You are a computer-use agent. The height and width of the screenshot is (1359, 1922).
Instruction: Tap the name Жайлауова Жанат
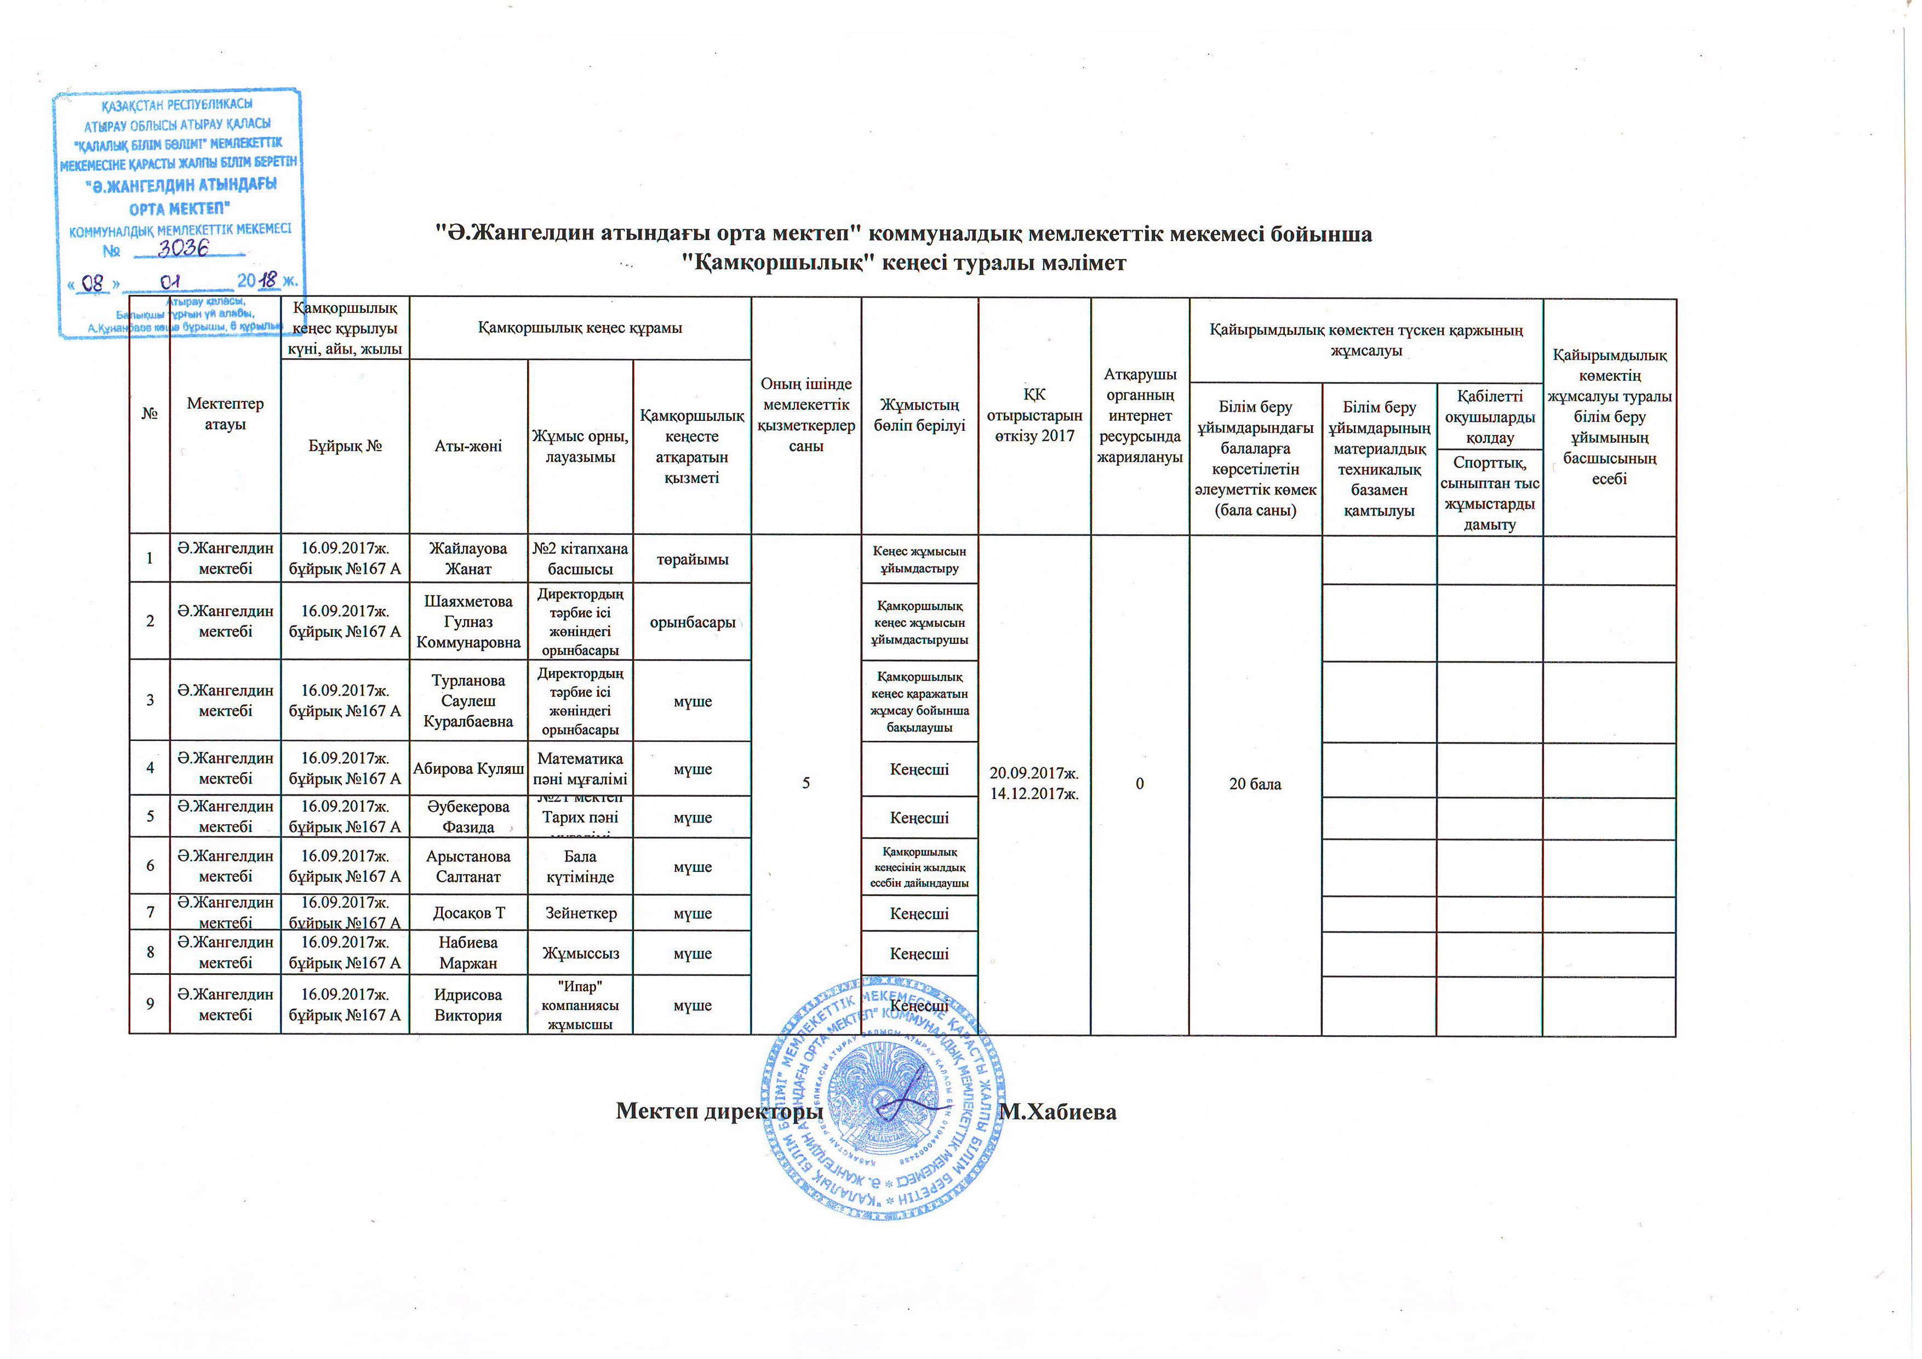468,558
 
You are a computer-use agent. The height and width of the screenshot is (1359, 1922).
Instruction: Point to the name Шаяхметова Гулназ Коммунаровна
468,622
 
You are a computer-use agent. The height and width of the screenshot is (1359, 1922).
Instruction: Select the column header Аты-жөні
468,446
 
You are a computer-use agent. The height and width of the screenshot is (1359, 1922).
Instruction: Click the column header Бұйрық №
345,446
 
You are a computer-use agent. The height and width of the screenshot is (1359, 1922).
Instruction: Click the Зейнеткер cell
580,913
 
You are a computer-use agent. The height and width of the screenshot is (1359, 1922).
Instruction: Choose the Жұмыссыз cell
580,953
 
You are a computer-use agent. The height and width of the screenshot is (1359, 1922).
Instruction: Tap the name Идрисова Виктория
468,1005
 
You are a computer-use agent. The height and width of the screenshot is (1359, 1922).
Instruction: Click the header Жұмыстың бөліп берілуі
919,415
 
